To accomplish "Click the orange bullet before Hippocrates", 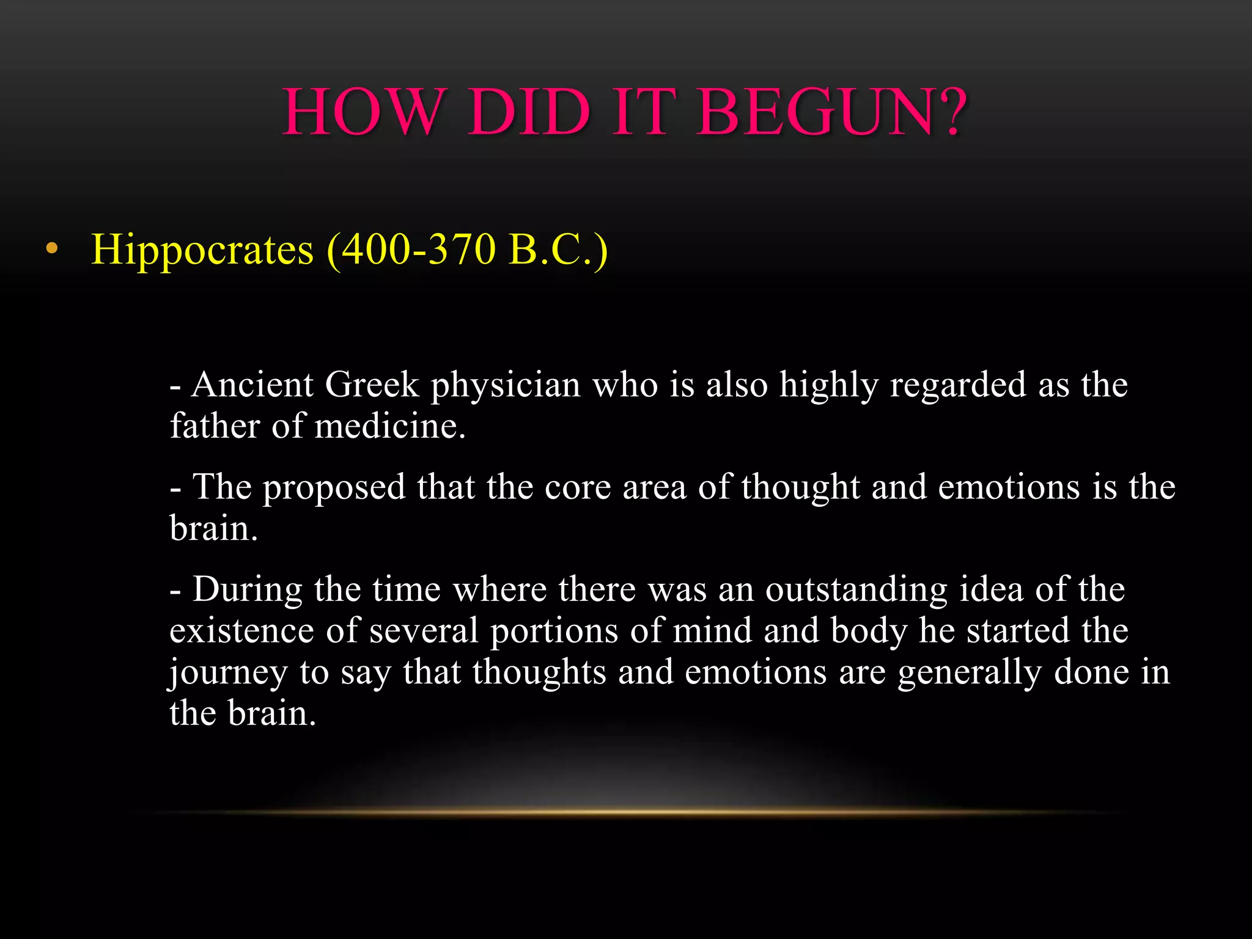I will [52, 249].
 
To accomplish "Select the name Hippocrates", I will [202, 251].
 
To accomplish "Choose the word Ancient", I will [252, 385].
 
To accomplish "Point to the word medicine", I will [389, 426].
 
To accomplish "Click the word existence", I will [241, 631].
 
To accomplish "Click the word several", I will [424, 631].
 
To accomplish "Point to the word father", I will [215, 426].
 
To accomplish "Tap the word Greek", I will [372, 385].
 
